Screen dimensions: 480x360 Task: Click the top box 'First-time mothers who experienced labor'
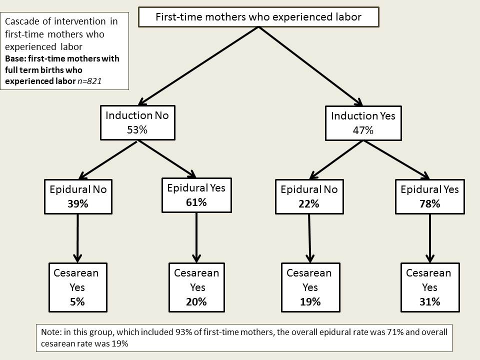point(258,17)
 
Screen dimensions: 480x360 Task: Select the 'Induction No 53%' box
point(138,123)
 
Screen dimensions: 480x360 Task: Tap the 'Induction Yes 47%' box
point(363,123)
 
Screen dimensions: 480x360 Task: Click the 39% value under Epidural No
point(78,203)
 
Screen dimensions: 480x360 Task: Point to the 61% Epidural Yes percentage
point(196,202)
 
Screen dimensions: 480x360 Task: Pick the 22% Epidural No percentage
point(309,203)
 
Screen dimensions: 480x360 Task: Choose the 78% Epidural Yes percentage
point(430,203)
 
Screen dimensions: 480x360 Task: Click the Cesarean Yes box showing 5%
point(78,287)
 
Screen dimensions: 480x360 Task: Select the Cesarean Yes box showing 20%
point(196,287)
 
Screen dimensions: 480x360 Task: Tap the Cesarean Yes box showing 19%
point(310,287)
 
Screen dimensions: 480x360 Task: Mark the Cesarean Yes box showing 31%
point(430,287)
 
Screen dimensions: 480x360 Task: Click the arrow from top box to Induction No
point(198,66)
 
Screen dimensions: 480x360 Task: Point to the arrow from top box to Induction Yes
point(310,66)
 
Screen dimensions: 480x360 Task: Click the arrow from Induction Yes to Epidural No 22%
point(336,160)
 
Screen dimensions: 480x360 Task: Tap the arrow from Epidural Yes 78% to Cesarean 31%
point(430,238)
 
